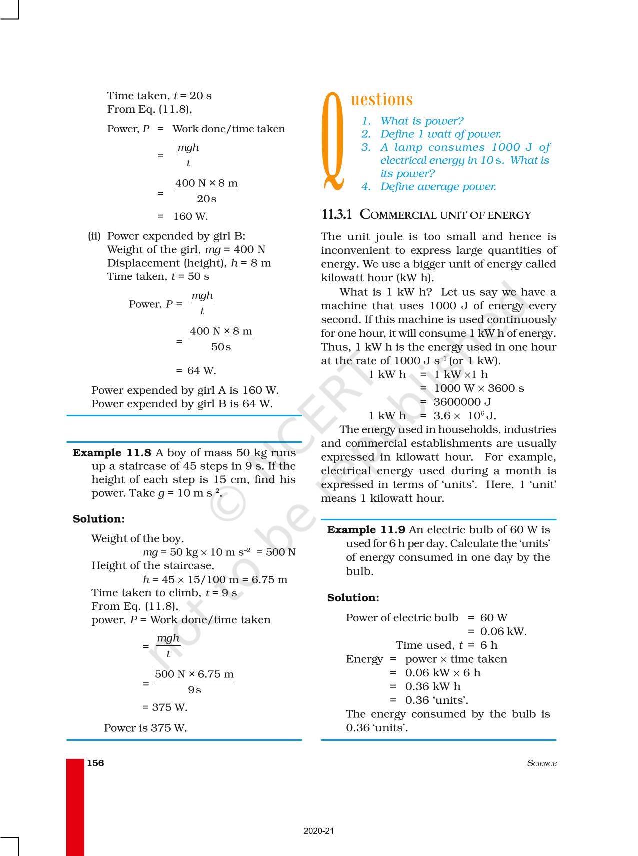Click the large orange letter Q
[333, 142]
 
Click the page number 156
[95, 763]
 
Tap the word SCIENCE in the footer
[542, 763]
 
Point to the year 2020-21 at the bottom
[318, 831]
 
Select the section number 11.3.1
[337, 215]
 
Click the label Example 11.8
[112, 453]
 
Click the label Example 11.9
[366, 530]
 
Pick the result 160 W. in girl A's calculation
[190, 216]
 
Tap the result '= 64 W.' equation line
[196, 371]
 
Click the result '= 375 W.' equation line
[165, 707]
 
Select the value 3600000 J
[462, 402]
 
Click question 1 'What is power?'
[421, 121]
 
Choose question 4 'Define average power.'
[438, 187]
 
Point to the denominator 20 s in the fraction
[206, 199]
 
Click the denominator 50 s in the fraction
[221, 347]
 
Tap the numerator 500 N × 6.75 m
[194, 674]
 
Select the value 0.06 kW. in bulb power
[503, 631]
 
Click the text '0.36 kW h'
[433, 686]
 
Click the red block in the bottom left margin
[75, 806]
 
